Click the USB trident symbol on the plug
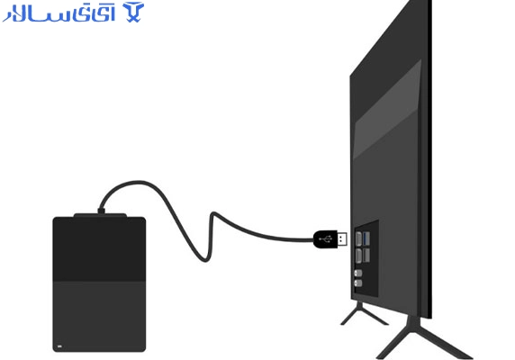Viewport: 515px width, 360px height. point(326,239)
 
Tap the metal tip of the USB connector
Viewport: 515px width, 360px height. point(342,239)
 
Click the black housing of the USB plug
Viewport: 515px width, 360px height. point(326,239)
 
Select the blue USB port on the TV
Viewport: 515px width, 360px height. point(366,238)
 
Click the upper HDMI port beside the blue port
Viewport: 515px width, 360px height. point(358,238)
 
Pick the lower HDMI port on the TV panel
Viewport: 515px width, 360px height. point(358,256)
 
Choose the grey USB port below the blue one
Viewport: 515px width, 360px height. point(366,256)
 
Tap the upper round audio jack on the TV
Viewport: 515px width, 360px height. point(358,273)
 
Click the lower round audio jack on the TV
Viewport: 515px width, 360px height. point(358,283)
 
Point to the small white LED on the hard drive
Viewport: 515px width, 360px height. point(59,346)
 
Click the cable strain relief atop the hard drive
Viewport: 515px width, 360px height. point(102,211)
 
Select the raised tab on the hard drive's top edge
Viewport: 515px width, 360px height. point(100,215)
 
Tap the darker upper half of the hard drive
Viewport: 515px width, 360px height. point(99,248)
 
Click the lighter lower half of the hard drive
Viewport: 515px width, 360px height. point(99,317)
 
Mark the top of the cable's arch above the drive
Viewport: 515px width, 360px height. point(138,182)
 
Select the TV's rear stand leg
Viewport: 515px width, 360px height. point(363,313)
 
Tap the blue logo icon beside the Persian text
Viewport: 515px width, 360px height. point(133,13)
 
